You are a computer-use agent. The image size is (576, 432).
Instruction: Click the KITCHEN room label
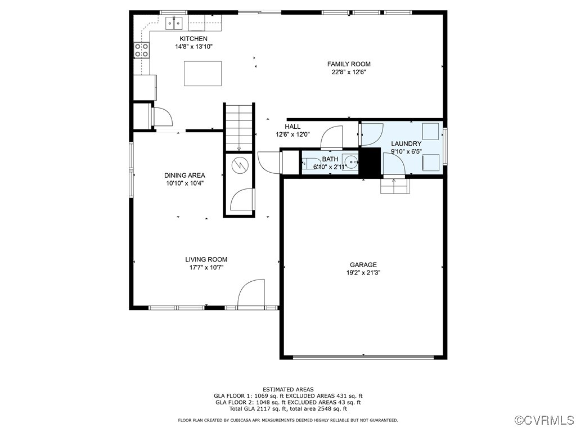pos(193,39)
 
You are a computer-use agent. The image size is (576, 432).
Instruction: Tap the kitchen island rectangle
pos(202,73)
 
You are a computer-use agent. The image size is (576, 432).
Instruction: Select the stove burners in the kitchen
pos(142,50)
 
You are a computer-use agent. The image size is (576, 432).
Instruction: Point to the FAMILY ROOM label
pos(349,64)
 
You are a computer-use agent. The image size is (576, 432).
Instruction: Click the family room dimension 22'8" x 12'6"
pos(349,72)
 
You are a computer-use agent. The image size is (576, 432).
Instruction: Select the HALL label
pos(292,127)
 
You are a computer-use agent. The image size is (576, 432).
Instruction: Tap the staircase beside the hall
pos(240,127)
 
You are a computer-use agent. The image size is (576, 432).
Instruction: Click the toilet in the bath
pos(310,164)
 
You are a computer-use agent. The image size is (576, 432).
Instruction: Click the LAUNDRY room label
pos(406,144)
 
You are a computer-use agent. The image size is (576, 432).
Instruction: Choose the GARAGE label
pos(363,265)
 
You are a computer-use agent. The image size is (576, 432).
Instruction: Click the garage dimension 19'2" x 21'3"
pos(363,273)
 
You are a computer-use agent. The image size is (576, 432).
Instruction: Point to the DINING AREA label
pos(184,175)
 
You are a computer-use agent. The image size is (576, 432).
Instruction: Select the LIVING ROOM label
pos(206,260)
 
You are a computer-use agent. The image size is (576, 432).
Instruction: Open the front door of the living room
pos(251,295)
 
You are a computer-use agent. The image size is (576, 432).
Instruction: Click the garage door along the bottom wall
pos(363,357)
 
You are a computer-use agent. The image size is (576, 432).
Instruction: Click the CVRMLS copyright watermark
pos(544,420)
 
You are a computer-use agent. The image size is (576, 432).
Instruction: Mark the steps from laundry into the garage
pos(394,186)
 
